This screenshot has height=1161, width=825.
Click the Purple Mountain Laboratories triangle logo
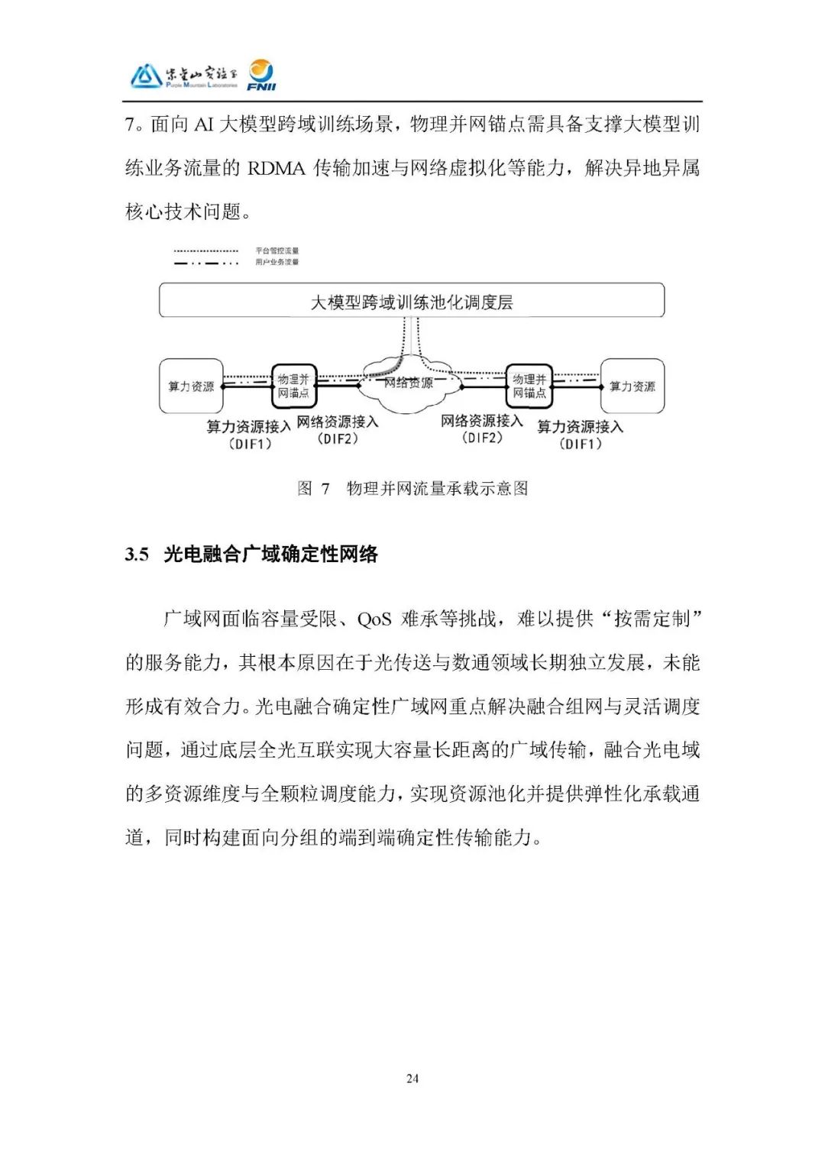(x=145, y=76)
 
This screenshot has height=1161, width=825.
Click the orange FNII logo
(x=261, y=75)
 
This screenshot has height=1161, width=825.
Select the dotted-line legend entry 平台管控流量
(x=277, y=251)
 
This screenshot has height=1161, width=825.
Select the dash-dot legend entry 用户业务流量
(x=277, y=262)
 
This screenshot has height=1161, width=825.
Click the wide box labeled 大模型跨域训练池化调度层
(x=412, y=301)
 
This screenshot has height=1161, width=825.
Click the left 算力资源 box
(x=191, y=386)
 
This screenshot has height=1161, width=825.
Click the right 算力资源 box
(x=632, y=386)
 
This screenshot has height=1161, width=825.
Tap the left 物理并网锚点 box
(x=294, y=386)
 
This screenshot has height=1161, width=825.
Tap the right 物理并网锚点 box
(x=529, y=386)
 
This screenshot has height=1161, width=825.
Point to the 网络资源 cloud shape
(x=409, y=382)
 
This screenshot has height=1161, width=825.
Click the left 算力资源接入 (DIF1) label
(x=249, y=435)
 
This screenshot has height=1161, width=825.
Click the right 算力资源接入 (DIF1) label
(x=581, y=435)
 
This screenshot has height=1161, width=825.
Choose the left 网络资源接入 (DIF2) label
(x=338, y=429)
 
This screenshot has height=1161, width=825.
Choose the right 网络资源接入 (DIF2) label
(x=482, y=429)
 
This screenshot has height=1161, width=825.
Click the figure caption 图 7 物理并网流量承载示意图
(x=412, y=489)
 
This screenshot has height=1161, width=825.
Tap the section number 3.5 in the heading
(x=137, y=555)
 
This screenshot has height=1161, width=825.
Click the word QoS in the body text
(x=374, y=619)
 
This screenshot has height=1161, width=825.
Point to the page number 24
(x=412, y=1079)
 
